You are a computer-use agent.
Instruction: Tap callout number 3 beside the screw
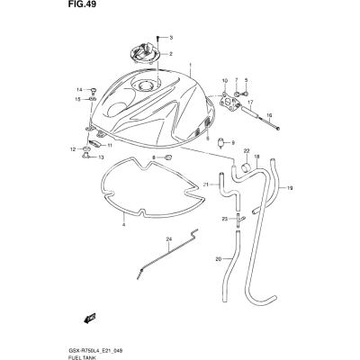(x=171, y=38)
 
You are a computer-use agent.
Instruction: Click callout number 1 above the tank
(x=190, y=65)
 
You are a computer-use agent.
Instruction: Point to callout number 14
(x=79, y=90)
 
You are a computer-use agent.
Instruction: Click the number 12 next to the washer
(x=73, y=149)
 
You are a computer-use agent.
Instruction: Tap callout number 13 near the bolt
(x=101, y=157)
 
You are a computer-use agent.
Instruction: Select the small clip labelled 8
(x=168, y=157)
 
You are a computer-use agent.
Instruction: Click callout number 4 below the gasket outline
(x=123, y=225)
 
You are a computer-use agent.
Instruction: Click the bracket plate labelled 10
(x=230, y=102)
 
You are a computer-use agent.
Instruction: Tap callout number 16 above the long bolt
(x=269, y=115)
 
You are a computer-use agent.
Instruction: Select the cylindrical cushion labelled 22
(x=247, y=166)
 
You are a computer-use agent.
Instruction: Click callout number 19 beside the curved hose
(x=290, y=188)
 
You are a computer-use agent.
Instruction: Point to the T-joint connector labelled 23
(x=239, y=220)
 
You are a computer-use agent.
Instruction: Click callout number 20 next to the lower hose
(x=219, y=259)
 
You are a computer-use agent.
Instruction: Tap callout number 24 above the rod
(x=169, y=239)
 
